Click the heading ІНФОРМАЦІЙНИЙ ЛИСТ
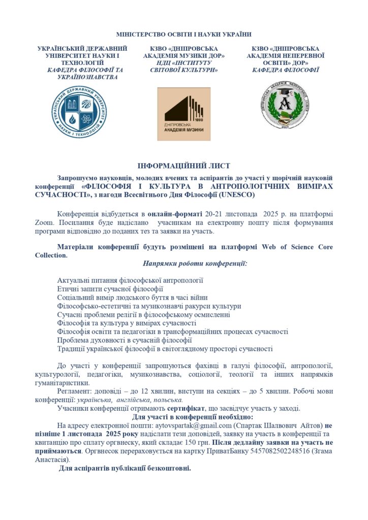click(183, 166)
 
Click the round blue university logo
click(79, 112)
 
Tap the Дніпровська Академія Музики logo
click(183, 114)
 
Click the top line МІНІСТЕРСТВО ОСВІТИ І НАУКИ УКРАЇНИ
click(183, 35)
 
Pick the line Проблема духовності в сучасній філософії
click(124, 340)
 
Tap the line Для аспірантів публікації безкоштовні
click(125, 468)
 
